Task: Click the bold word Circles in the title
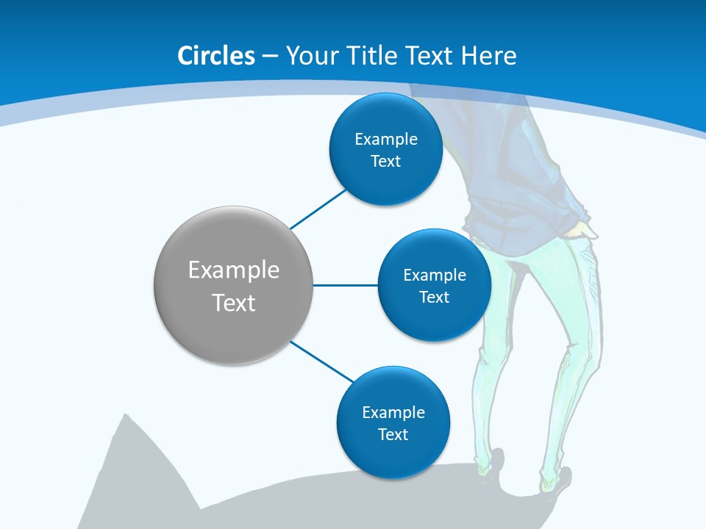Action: pyautogui.click(x=216, y=56)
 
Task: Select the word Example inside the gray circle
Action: pyautogui.click(x=234, y=270)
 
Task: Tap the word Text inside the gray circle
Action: pyautogui.click(x=234, y=303)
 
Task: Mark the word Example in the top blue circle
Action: pyautogui.click(x=385, y=140)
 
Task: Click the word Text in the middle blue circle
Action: pyautogui.click(x=434, y=297)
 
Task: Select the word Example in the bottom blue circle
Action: pyautogui.click(x=393, y=412)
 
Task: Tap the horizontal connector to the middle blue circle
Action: pyautogui.click(x=346, y=285)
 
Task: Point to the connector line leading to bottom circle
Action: pyautogui.click(x=322, y=361)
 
